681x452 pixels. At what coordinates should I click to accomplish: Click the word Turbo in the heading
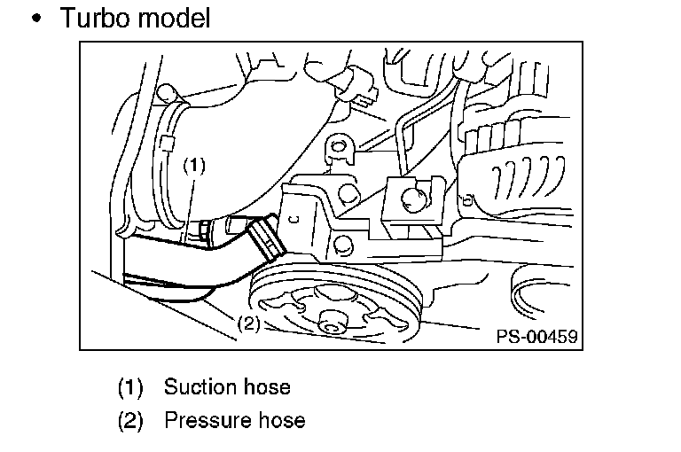coord(96,19)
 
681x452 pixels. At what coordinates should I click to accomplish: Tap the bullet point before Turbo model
coord(37,19)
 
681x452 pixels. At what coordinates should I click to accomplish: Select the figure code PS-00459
coord(536,336)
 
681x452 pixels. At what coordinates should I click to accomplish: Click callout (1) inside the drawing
coord(193,166)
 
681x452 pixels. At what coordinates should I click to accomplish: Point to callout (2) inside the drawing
coord(249,323)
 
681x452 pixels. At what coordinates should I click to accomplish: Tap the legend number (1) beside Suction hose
coord(130,387)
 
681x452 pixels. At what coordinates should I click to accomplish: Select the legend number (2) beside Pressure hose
coord(130,421)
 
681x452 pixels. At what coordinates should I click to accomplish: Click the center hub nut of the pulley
coord(333,323)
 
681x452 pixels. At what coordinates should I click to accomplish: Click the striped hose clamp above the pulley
coord(266,238)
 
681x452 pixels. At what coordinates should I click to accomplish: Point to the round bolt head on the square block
coord(414,199)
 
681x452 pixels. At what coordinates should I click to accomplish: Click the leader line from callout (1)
coord(190,207)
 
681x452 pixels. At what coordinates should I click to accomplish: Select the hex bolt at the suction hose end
coord(204,230)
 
